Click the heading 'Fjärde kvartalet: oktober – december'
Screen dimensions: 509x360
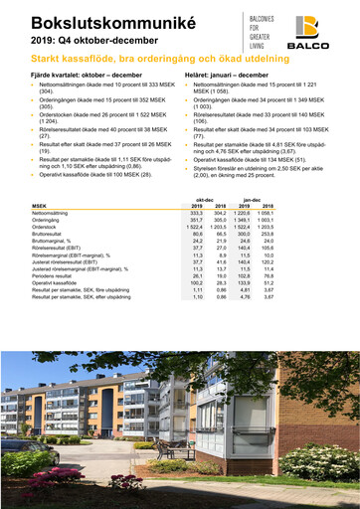point(85,75)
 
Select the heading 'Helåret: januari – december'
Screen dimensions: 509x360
point(227,75)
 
